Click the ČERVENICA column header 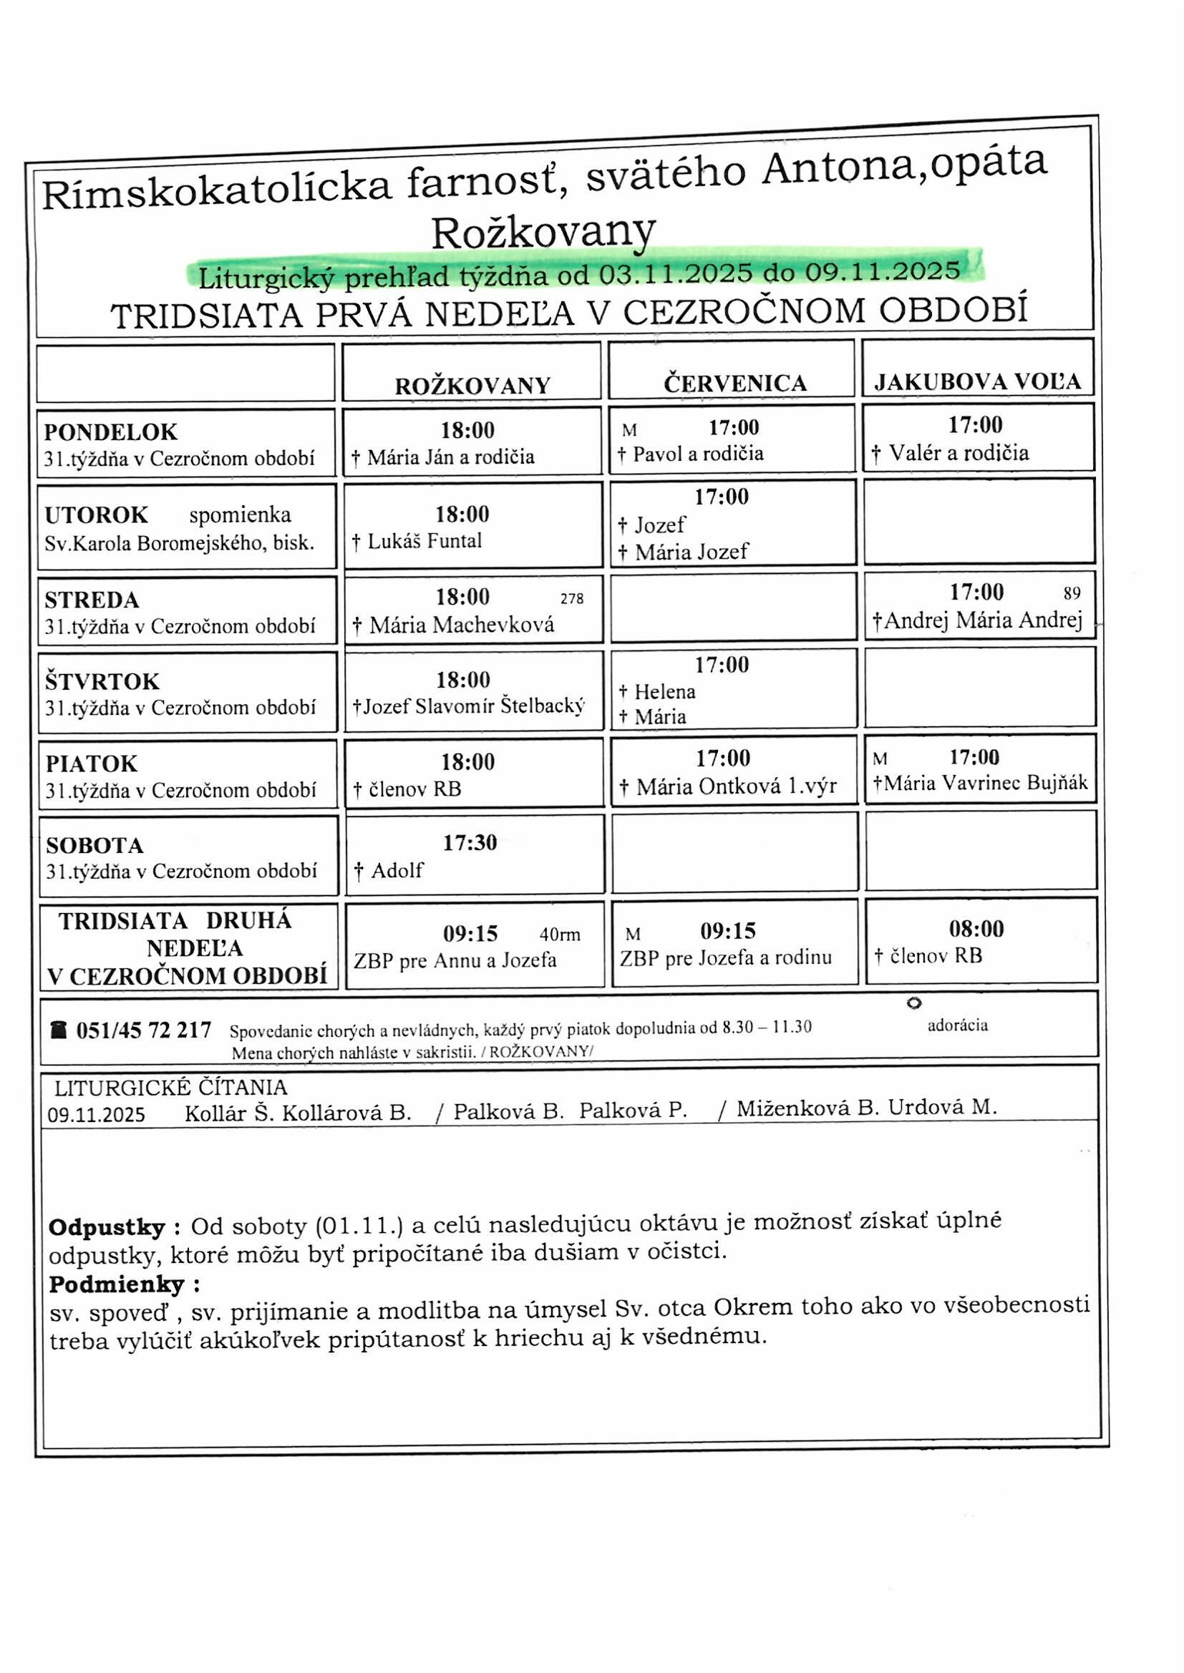coord(735,384)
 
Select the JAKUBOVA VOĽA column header coord(977,382)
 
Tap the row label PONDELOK coord(111,432)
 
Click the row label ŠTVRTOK coord(102,681)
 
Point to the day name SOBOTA coord(94,845)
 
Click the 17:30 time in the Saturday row coord(470,843)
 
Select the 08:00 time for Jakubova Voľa coord(976,928)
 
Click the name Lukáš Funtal coord(424,541)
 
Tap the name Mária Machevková coord(462,625)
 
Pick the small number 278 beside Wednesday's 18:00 coord(573,599)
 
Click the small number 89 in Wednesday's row coord(1072,593)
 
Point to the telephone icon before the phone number coord(57,1030)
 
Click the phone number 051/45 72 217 coord(144,1030)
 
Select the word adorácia coord(957,1026)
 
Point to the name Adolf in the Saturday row coord(397,870)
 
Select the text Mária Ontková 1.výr coord(737,787)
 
